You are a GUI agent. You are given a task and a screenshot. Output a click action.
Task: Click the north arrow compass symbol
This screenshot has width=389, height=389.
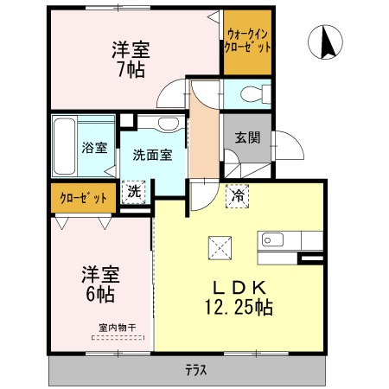(x=325, y=42)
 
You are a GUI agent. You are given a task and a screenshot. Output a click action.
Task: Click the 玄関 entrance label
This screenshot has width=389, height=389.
(x=247, y=137)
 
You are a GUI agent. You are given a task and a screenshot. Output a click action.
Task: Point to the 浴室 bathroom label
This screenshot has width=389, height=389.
(x=94, y=148)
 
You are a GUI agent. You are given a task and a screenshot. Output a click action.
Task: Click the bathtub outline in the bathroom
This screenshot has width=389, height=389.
(x=64, y=146)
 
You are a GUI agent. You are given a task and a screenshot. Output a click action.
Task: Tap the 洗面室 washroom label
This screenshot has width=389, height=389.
(x=152, y=155)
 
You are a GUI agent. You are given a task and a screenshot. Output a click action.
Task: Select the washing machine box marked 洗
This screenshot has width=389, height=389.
(x=134, y=192)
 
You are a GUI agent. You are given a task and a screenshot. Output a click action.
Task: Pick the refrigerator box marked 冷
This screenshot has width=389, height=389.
(x=238, y=196)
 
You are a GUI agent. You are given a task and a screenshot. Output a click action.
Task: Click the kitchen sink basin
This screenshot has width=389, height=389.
(x=272, y=239)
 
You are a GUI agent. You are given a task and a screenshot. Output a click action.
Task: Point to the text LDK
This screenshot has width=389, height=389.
(x=239, y=287)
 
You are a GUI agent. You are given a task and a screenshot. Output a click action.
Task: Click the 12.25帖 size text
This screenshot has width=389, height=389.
(x=239, y=307)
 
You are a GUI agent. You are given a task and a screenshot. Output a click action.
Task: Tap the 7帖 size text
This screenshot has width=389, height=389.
(x=131, y=69)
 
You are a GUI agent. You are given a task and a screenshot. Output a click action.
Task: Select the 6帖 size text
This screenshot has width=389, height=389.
(x=100, y=294)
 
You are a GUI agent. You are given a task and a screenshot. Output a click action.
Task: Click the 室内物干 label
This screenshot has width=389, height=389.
(x=117, y=328)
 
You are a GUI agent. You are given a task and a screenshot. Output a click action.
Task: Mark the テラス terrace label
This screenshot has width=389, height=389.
(x=196, y=370)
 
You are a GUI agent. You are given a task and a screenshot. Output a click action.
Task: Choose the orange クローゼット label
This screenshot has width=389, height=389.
(x=83, y=198)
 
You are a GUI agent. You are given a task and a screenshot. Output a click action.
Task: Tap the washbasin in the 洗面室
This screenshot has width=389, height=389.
(x=169, y=123)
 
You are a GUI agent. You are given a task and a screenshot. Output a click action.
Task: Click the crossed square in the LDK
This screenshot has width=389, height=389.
(x=220, y=248)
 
